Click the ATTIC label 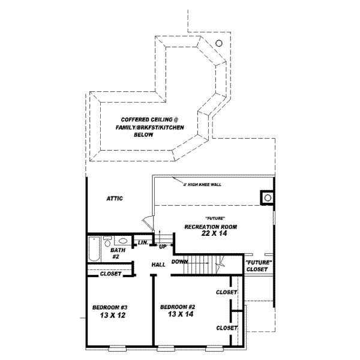115,199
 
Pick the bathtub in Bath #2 92,250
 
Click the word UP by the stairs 163,247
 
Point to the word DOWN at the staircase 179,262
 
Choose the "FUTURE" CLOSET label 259,266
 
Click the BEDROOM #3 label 109,307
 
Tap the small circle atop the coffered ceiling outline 219,43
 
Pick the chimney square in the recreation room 265,197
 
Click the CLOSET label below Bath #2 110,274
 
